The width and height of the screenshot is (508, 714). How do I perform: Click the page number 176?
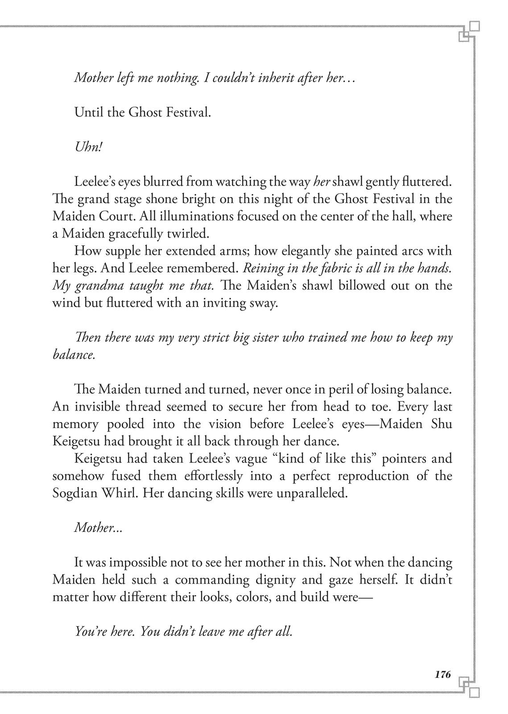click(442, 675)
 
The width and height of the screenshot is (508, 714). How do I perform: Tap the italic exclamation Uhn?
click(88, 147)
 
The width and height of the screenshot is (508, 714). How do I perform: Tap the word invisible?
click(102, 407)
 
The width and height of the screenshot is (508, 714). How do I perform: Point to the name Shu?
click(442, 424)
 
